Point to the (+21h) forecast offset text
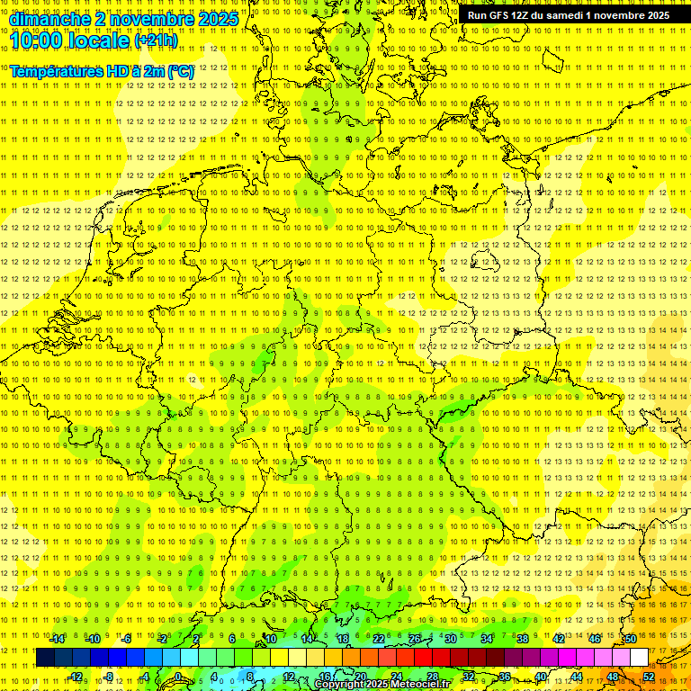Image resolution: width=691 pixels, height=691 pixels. click(x=155, y=40)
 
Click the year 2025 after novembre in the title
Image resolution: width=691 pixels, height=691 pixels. click(x=217, y=19)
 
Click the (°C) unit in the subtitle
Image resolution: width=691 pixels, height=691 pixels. click(x=180, y=70)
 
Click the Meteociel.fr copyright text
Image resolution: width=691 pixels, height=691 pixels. click(x=382, y=685)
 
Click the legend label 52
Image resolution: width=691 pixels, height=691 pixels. click(x=648, y=677)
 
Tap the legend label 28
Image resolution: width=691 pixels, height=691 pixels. click(x=432, y=677)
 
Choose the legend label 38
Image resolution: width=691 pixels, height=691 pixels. click(x=522, y=639)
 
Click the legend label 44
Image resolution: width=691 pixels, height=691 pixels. click(x=576, y=677)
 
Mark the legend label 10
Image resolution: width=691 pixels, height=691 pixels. click(x=270, y=639)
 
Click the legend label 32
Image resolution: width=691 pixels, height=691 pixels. click(x=468, y=677)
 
